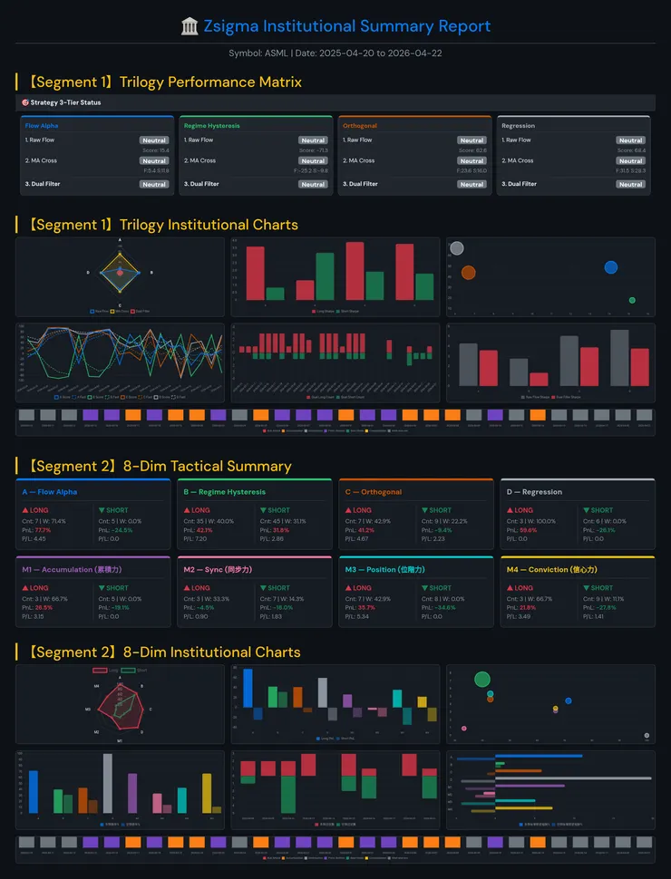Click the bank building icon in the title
point(190,26)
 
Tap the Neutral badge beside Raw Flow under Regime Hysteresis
point(313,140)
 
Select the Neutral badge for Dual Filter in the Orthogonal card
point(472,184)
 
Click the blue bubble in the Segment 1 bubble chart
point(610,267)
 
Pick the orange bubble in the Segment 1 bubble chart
point(468,273)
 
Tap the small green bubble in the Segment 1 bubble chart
point(632,300)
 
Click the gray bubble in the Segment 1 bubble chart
point(457,248)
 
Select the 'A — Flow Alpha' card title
point(50,492)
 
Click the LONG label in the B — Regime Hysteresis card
point(202,510)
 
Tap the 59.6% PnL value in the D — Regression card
point(531,529)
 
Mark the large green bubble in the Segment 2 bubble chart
point(482,679)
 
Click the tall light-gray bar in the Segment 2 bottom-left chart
point(108,783)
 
